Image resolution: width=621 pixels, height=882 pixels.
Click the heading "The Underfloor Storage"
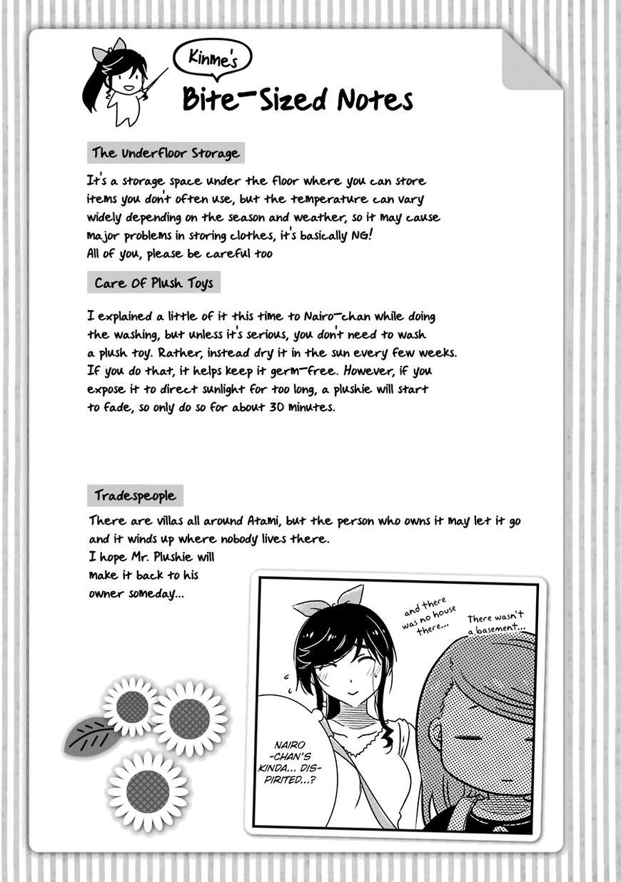pos(165,153)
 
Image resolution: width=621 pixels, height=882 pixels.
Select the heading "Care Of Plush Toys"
pos(153,283)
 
